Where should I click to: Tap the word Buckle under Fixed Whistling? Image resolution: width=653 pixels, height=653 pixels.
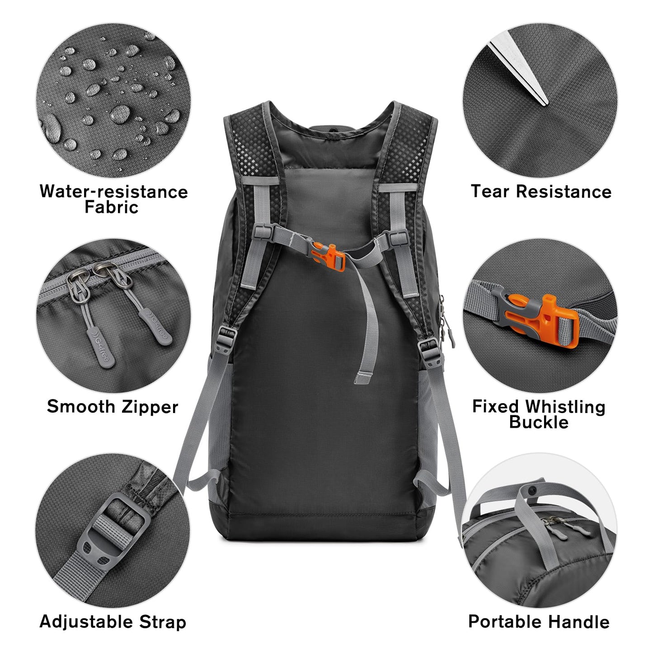pyautogui.click(x=539, y=423)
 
